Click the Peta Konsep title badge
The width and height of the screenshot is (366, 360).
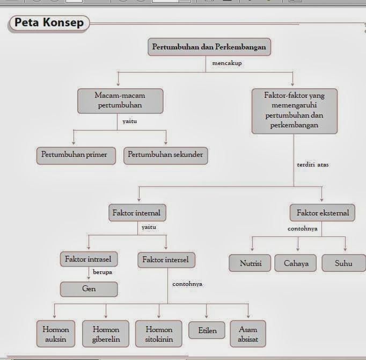click(49, 23)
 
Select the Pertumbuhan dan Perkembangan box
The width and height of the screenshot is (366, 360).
click(209, 47)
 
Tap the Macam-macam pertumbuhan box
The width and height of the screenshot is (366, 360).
click(120, 100)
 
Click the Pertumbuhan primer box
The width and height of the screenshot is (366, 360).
click(75, 155)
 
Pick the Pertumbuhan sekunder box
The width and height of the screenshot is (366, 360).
click(165, 155)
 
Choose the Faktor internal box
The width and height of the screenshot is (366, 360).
click(136, 213)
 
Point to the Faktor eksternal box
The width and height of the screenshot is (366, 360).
click(323, 213)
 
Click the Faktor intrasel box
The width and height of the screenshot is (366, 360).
click(88, 260)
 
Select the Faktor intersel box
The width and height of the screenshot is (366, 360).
click(166, 260)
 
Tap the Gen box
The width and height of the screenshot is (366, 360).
click(89, 289)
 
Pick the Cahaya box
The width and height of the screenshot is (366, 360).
click(296, 263)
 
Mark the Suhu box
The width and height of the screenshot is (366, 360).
click(343, 263)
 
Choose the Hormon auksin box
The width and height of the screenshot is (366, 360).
click(56, 334)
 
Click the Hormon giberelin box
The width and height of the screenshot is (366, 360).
click(106, 334)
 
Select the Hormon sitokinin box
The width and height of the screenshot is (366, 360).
click(159, 334)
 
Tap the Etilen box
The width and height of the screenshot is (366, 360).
click(207, 330)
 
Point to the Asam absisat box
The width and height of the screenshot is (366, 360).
click(247, 334)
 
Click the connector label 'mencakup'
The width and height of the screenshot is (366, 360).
click(227, 63)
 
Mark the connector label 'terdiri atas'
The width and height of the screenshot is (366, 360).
click(313, 164)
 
